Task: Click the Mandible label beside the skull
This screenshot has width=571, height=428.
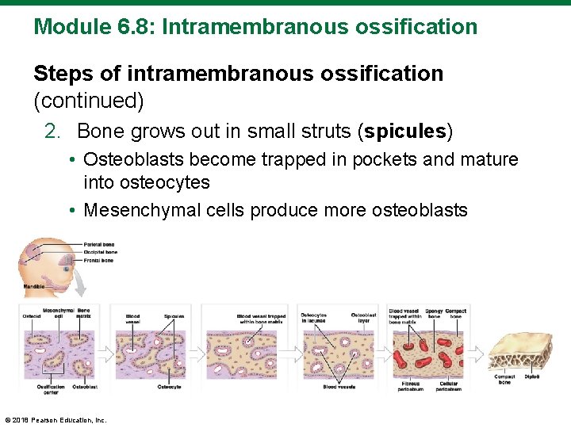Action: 33,285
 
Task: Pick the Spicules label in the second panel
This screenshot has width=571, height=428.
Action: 174,316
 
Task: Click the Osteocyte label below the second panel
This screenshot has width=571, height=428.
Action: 169,387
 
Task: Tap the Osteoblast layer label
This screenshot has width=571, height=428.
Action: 363,317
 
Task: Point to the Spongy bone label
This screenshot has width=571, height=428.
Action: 434,314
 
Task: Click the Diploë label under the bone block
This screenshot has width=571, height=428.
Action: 531,376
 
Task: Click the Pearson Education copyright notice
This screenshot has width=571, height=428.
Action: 56,420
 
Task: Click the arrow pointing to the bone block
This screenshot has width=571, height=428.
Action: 479,350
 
